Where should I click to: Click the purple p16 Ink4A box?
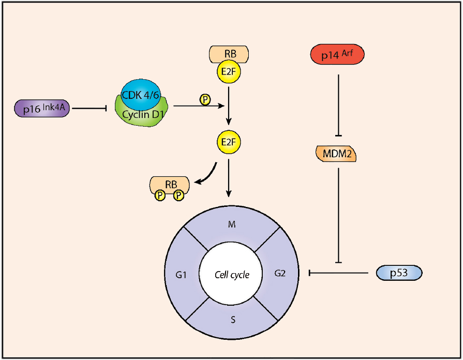tap(42, 109)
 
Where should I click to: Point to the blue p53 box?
tap(399, 273)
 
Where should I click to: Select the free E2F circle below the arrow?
tap(229, 141)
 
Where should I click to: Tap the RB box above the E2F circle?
tap(229, 52)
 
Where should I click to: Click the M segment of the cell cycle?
tap(232, 224)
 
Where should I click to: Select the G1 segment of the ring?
tap(181, 274)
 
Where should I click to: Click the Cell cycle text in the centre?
tap(232, 274)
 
